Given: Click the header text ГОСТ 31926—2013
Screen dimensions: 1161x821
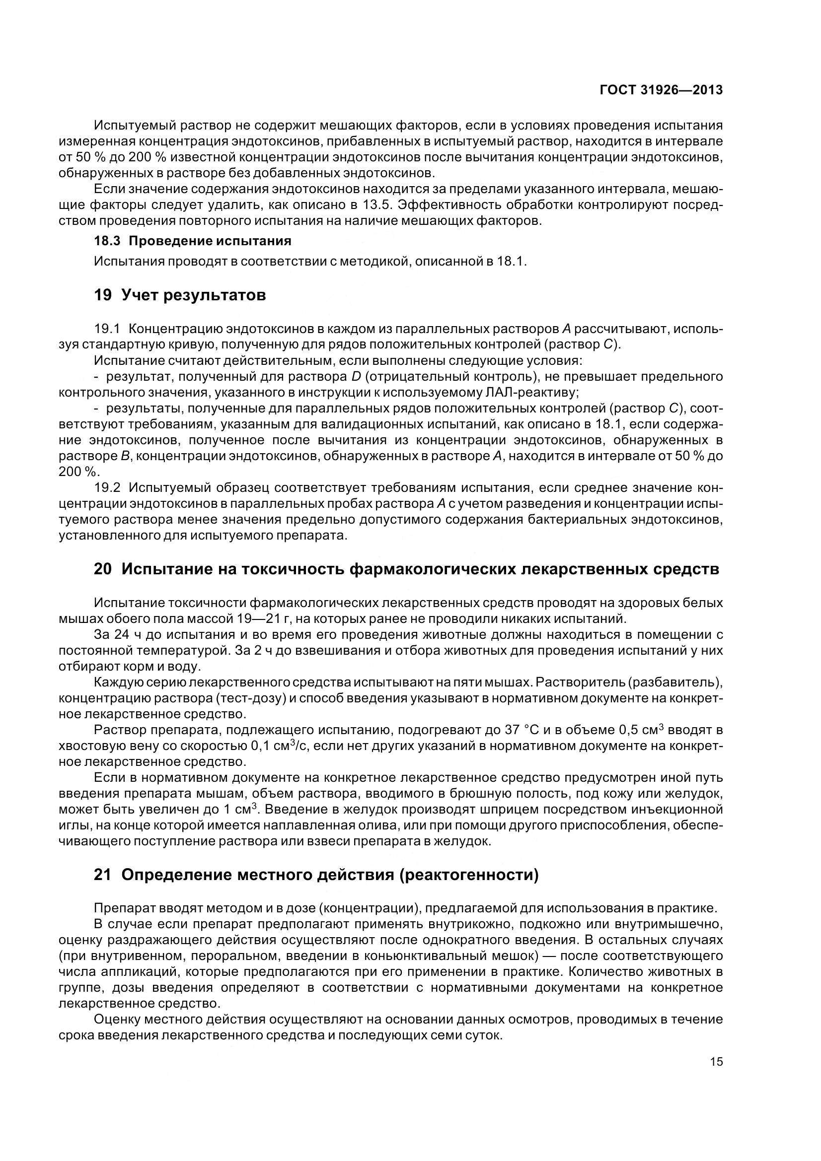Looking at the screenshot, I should coord(661,90).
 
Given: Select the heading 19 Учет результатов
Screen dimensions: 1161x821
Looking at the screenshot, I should coord(180,295).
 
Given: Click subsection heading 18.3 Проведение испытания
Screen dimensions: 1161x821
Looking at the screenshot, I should coord(193,241).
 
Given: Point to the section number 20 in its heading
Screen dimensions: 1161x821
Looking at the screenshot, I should coord(102,569).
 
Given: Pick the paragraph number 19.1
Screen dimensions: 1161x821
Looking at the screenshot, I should coord(107,329).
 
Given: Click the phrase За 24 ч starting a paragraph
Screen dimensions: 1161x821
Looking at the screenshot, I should coord(117,635).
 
